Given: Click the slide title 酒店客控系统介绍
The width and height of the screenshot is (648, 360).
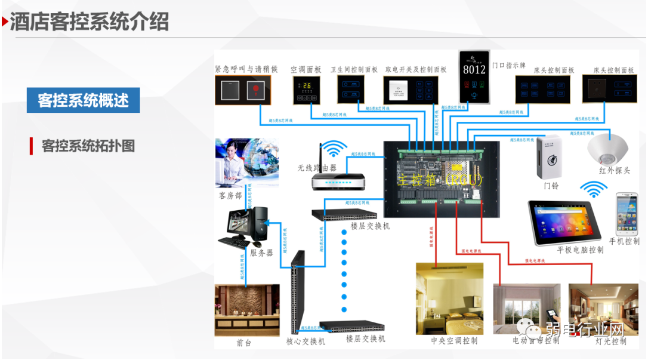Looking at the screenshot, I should (90, 21).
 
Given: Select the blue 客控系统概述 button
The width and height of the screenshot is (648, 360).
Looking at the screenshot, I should (83, 100).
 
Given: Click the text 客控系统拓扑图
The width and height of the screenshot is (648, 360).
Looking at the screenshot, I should (88, 146).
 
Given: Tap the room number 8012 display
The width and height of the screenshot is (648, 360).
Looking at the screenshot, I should (474, 69).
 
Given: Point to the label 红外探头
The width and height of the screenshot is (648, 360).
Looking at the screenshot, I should (615, 171).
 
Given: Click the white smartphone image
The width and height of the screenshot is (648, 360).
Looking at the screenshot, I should (627, 213).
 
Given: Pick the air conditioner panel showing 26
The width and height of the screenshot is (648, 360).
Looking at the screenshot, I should (306, 90).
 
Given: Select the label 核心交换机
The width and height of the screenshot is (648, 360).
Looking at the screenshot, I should (306, 341).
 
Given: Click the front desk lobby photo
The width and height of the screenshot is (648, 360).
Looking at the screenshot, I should (246, 310).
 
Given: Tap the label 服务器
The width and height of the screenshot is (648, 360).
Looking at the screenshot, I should (261, 253).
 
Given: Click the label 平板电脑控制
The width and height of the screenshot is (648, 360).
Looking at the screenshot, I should (580, 250).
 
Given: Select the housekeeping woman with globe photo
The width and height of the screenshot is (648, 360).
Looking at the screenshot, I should (246, 162).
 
